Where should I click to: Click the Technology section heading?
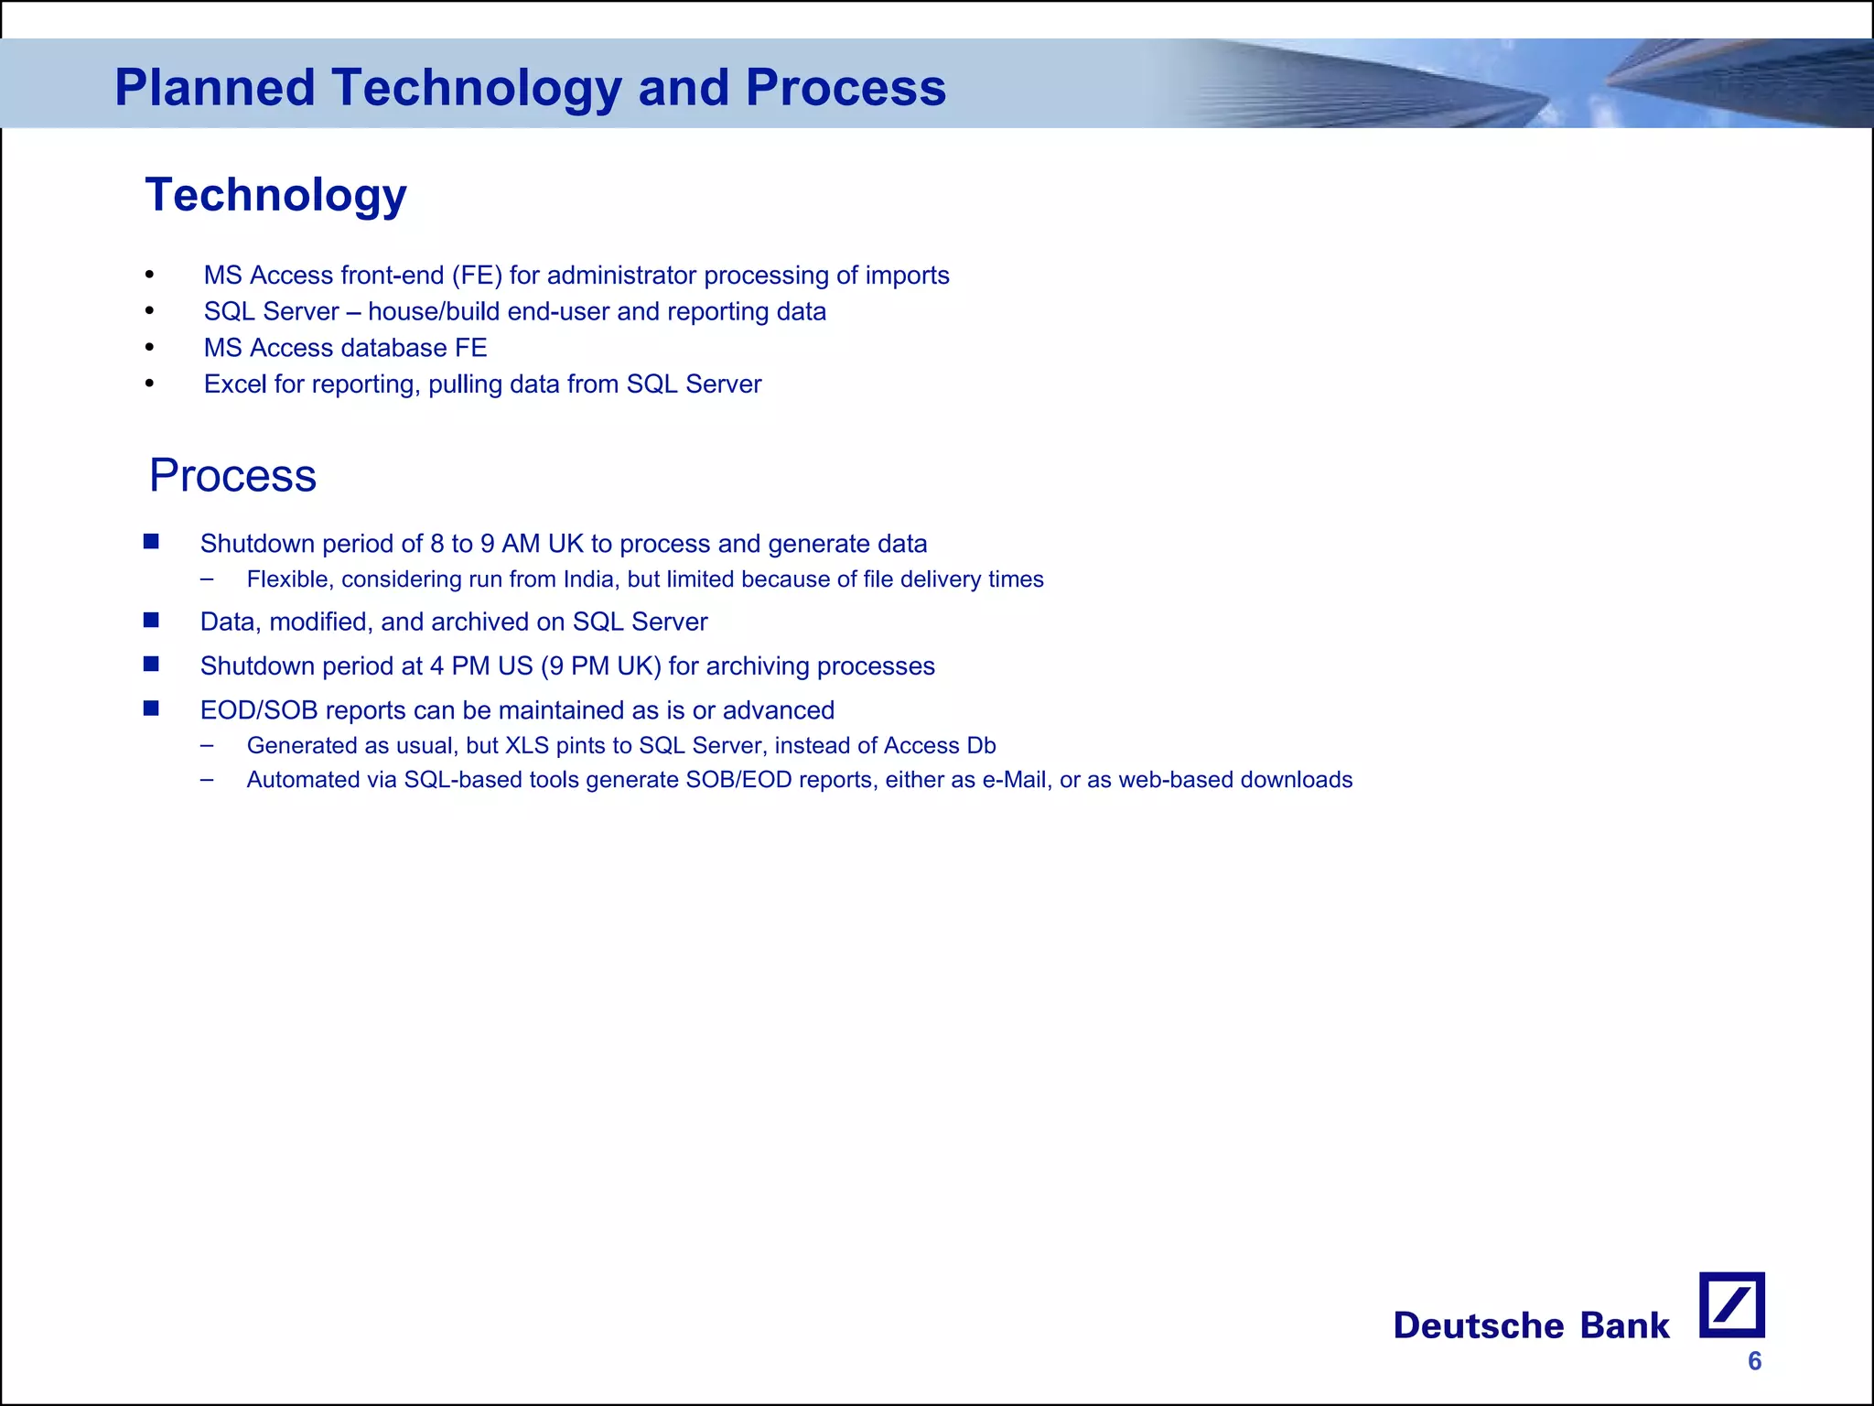(275, 195)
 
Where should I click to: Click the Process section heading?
(232, 476)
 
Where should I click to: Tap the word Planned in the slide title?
(214, 88)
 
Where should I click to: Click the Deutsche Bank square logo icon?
(1731, 1304)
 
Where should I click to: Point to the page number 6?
(1754, 1361)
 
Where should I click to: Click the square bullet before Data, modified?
(152, 621)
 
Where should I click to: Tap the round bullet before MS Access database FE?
(150, 348)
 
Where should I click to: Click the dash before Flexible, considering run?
(207, 579)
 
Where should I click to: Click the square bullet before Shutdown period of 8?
(152, 542)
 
